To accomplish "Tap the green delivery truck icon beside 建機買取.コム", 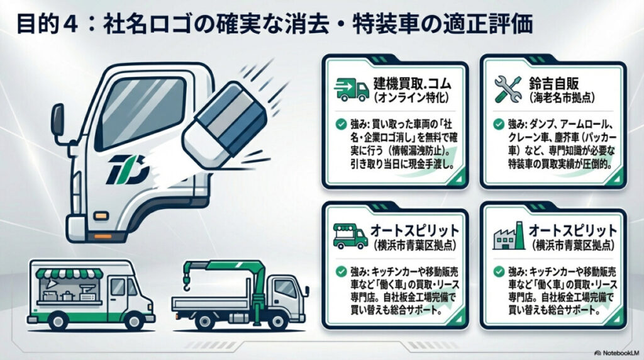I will coord(352,89).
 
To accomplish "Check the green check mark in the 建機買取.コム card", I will coord(340,124).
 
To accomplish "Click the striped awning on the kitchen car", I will coord(70,274).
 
